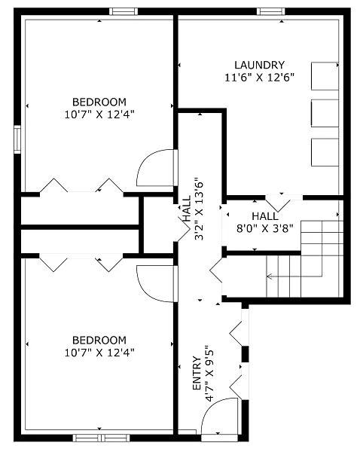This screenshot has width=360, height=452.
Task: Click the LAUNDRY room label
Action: click(x=259, y=65)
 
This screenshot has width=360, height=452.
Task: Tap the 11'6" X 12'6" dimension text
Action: click(x=259, y=78)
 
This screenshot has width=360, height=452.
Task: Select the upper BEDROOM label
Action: click(x=99, y=102)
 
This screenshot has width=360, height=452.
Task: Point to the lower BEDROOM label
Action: click(x=99, y=341)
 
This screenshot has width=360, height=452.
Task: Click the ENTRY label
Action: click(x=197, y=374)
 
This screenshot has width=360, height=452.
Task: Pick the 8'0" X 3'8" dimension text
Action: click(x=265, y=228)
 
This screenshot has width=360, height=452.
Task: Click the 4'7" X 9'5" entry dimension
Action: click(x=209, y=374)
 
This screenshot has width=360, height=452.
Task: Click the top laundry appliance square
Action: click(x=325, y=76)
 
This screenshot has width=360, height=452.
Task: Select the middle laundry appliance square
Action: click(x=325, y=113)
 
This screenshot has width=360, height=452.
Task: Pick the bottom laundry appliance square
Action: click(x=325, y=152)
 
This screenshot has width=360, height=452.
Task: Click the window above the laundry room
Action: click(x=271, y=11)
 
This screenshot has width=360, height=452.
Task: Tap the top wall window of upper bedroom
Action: click(x=124, y=11)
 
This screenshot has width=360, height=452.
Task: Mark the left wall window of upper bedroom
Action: click(x=17, y=139)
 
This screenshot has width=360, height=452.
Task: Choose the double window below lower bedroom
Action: click(x=101, y=438)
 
